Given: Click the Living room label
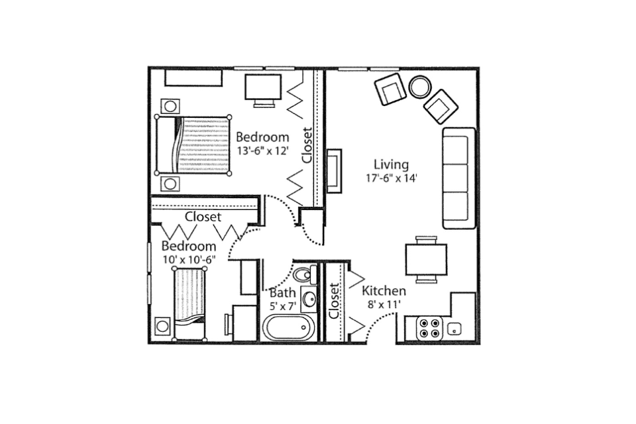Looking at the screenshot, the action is coord(391,165).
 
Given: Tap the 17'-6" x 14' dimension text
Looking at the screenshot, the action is coord(392,178).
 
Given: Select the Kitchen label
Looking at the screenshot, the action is coord(384,291).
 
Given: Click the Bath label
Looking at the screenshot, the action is coord(283,293).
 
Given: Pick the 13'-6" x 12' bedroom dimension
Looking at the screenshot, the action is coord(263,151).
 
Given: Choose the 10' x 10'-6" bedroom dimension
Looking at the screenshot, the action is coord(189,260).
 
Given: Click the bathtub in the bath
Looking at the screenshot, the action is coord(288,328).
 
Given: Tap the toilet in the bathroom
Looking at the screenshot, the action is coord(305,274).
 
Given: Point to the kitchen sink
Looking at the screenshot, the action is coord(454,329).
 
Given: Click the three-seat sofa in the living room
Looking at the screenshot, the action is coord(458,178).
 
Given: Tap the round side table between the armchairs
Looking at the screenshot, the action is coord(420,86).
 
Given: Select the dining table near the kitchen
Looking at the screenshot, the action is coord(426,260).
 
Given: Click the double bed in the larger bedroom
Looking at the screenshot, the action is coord(193,145).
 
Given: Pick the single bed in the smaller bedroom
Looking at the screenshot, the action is coord(189,303).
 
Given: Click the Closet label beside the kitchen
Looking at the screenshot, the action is coord(334,301).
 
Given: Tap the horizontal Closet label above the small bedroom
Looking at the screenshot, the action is coord(203,217).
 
